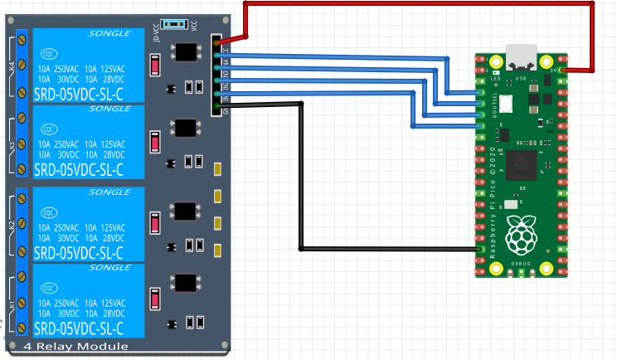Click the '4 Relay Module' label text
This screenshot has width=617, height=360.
pos(76,346)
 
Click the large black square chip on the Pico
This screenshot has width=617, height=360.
pos(522,163)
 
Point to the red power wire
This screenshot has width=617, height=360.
pos(415,4)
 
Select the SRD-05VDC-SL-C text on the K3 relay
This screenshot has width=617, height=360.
pos(79,170)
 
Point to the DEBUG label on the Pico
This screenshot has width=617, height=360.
pos(521,264)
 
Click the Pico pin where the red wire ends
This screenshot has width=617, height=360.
pos(563,71)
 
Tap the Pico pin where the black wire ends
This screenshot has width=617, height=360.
pos(480,249)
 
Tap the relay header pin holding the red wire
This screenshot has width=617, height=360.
pos(217,40)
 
